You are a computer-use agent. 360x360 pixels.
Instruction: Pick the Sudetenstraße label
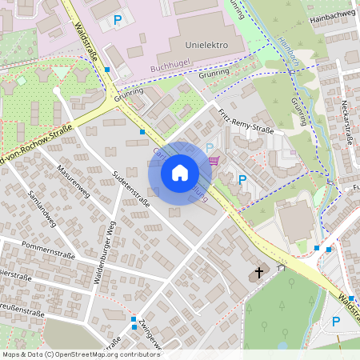tap(131, 190)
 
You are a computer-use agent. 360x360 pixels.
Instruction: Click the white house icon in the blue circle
tap(180, 172)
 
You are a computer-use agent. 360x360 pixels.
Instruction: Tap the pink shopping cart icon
tap(214, 160)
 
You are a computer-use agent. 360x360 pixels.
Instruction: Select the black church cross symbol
tap(258, 273)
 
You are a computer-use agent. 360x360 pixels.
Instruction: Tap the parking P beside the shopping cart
tap(210, 148)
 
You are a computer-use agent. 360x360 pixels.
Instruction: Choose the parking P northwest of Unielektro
tap(118, 19)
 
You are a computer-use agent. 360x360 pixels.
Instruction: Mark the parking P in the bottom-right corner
tap(336, 322)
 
